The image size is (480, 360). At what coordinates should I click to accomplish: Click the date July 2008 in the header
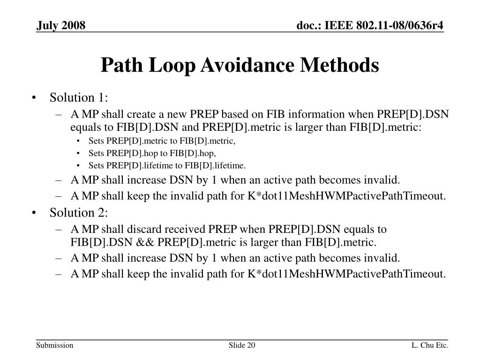(61, 25)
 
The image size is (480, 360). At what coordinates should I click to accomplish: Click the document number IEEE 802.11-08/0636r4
(370, 25)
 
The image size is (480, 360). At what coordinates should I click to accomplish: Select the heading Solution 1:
(79, 97)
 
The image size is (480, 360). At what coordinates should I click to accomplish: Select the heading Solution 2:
(79, 213)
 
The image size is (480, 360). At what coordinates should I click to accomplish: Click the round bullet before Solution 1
(36, 98)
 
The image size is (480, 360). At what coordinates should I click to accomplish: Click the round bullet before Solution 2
(36, 213)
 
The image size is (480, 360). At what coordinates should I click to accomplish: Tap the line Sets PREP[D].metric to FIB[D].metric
(162, 141)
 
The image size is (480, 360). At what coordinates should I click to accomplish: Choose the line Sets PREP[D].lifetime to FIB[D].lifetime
(167, 165)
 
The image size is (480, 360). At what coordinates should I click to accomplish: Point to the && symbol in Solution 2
(146, 242)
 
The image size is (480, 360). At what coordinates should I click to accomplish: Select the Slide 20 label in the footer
(242, 346)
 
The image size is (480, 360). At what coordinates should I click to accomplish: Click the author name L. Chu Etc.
(430, 346)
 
